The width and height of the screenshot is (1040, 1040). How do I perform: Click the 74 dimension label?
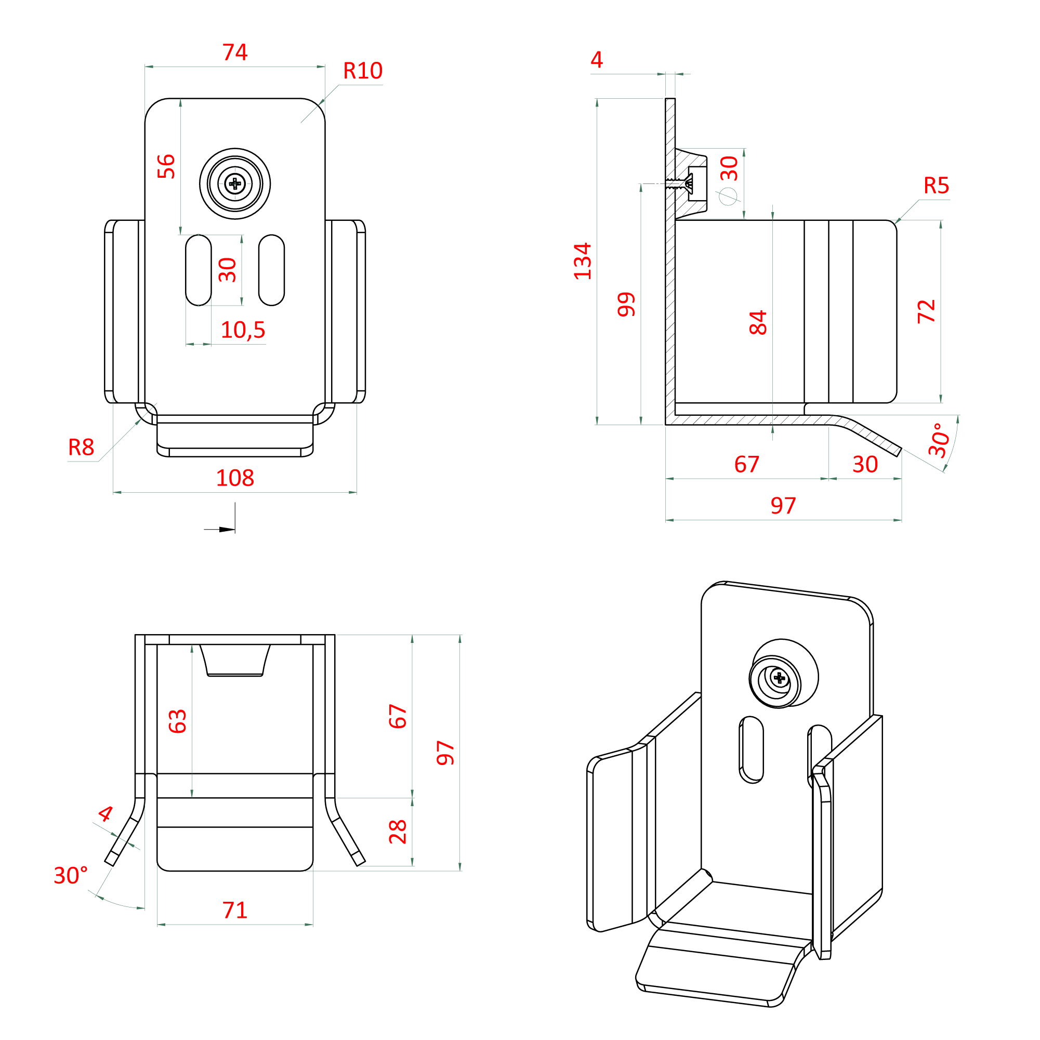235,52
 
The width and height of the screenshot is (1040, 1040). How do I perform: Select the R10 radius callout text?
362,71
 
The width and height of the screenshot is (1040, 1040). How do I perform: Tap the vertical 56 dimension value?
166,166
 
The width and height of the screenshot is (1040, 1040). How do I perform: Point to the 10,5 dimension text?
243,330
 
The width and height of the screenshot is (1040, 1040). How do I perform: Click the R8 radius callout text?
81,447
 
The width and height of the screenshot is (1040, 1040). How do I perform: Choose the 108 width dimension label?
235,478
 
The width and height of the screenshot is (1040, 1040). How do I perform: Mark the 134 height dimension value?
583,261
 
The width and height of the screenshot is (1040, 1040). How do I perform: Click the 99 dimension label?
627,305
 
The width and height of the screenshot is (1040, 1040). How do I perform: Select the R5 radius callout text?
936,186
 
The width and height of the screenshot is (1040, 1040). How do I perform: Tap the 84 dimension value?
758,322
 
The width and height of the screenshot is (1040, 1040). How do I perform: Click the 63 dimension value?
178,721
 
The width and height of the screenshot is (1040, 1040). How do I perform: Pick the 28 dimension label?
398,832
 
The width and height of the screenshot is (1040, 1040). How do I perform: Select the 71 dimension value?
235,910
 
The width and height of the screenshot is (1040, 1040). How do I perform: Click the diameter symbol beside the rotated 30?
728,196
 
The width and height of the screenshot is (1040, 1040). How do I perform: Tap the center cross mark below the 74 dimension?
235,184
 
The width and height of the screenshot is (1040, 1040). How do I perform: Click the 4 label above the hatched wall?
597,60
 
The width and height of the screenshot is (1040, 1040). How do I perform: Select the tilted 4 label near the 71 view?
106,813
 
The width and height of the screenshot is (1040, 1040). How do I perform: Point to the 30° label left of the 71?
71,875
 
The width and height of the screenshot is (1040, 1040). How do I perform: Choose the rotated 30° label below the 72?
939,440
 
